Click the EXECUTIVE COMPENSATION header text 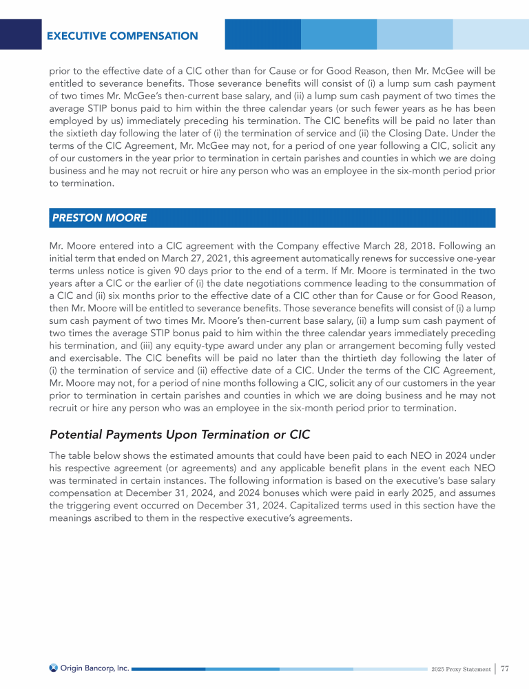pyautogui.click(x=123, y=36)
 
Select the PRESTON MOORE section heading pyautogui.click(x=98, y=218)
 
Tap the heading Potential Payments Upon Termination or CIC pyautogui.click(x=180, y=435)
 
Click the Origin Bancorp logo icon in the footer pyautogui.click(x=54, y=667)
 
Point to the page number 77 pyautogui.click(x=505, y=668)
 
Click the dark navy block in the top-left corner pyautogui.click(x=21, y=34)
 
